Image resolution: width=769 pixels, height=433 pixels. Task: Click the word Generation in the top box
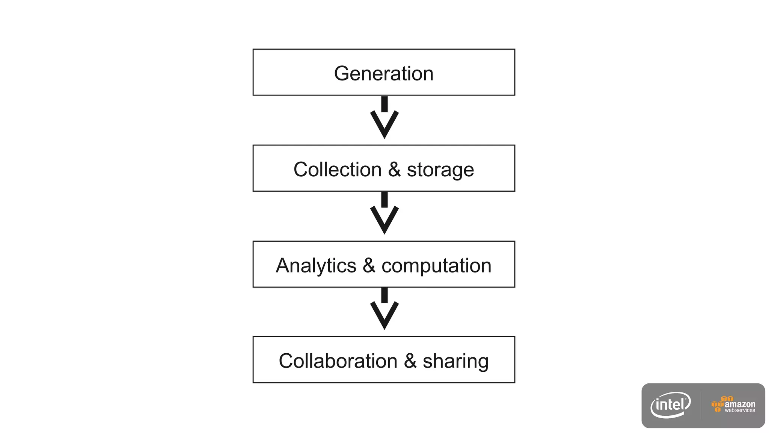click(x=384, y=73)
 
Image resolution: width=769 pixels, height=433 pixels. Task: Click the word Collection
click(x=337, y=170)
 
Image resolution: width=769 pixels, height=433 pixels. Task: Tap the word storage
click(x=440, y=170)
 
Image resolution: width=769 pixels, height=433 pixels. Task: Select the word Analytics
click(x=316, y=266)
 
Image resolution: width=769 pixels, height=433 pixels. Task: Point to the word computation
click(x=436, y=266)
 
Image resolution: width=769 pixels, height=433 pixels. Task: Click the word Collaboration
click(x=338, y=361)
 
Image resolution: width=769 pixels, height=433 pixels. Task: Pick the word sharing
click(x=455, y=361)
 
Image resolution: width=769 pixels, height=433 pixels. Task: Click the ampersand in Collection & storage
click(x=394, y=170)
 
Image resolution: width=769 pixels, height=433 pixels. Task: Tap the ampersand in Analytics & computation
click(x=369, y=265)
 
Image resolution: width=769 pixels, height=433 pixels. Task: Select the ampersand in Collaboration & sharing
click(x=410, y=361)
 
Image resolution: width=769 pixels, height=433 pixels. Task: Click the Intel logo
click(x=671, y=405)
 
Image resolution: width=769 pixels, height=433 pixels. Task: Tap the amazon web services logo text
click(x=739, y=404)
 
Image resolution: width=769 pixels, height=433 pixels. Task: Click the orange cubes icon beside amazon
click(x=718, y=404)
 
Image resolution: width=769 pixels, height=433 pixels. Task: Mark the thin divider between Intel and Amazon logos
click(x=701, y=405)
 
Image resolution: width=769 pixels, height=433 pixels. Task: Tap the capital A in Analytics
click(x=283, y=265)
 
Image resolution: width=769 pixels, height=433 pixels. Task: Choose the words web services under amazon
click(x=740, y=410)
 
